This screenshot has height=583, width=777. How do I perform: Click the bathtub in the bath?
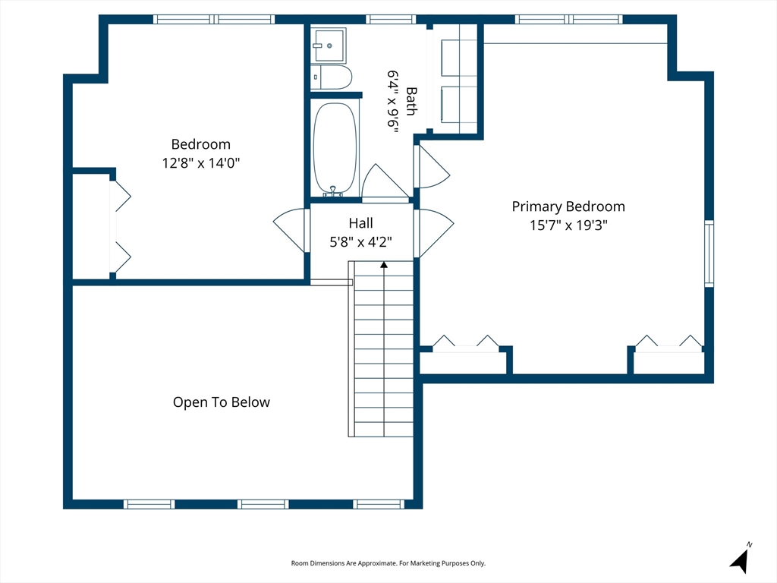[335, 148]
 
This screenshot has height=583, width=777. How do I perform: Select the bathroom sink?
[329, 45]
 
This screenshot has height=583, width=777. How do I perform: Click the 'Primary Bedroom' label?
[568, 206]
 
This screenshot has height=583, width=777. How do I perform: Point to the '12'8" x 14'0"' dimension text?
[200, 162]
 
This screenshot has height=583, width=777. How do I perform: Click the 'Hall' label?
[360, 223]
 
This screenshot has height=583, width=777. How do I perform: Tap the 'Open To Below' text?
[222, 402]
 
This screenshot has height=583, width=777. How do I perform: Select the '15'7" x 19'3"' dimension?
[568, 225]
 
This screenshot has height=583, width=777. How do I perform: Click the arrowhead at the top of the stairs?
[383, 265]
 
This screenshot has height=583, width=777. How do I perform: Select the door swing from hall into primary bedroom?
[433, 233]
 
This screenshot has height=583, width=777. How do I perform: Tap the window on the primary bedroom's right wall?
[709, 254]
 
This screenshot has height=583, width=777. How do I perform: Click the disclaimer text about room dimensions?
[388, 563]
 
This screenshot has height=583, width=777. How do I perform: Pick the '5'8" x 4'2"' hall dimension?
[360, 242]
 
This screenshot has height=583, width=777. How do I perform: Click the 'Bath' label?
[411, 101]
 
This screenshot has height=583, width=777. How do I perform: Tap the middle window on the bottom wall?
[263, 504]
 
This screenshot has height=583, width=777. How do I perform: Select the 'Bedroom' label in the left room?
[200, 144]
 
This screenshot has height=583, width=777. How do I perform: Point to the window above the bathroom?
[391, 19]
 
